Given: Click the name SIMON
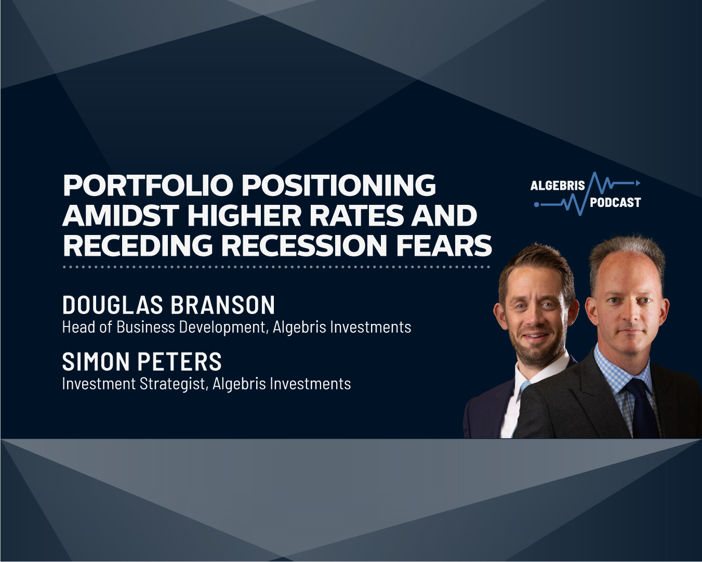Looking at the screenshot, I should tap(96, 362).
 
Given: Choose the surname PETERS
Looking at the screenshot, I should tap(180, 362).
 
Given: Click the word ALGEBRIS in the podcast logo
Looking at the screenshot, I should tap(558, 186).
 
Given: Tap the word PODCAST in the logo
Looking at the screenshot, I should tap(615, 203).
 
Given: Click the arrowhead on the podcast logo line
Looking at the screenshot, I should tap(638, 183).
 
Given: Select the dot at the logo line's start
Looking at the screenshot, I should tap(537, 205).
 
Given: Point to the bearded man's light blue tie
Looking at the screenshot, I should tap(524, 387).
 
